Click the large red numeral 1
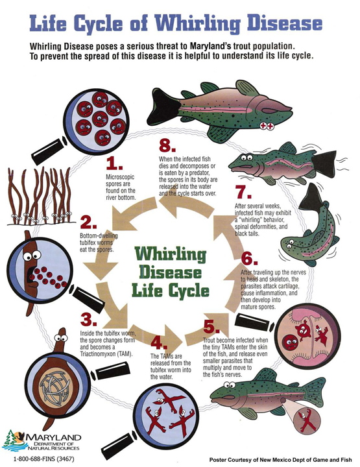tap(114, 163)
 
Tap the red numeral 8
tap(167, 146)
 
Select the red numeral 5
tap(211, 327)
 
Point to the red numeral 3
tap(88, 320)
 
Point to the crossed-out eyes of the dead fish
tap(267, 126)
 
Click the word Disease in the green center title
tap(171, 272)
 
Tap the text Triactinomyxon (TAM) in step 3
tap(106, 354)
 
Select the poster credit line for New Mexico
tap(280, 460)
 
